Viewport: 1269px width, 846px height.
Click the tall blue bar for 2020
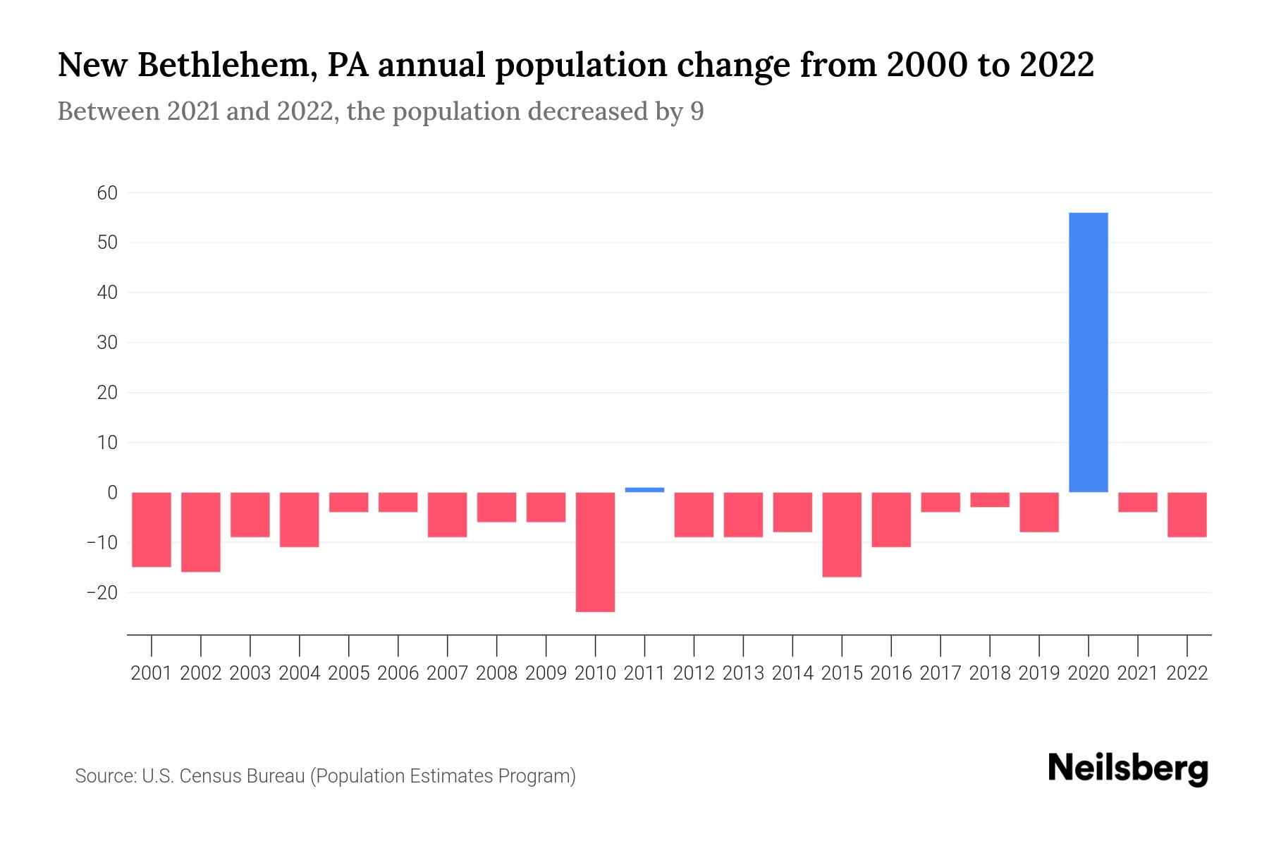[x=1088, y=352]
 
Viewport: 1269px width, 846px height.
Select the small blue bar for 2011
[x=644, y=489]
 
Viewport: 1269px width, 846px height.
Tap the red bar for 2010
[x=595, y=551]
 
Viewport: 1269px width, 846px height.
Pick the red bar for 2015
[x=842, y=534]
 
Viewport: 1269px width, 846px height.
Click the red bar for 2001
[x=152, y=529]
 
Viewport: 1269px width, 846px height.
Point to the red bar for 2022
[x=1187, y=515]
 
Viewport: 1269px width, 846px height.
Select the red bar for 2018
[x=989, y=500]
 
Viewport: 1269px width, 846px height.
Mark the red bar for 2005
[x=348, y=502]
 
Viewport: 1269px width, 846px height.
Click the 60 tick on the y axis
[x=107, y=192]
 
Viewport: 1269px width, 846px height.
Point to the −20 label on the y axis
[x=102, y=593]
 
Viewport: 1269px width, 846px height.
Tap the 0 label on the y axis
[x=112, y=493]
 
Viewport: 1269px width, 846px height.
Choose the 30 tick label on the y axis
[x=107, y=343]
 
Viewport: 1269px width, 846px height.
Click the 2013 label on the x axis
[x=743, y=673]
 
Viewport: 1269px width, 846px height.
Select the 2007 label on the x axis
[x=447, y=673]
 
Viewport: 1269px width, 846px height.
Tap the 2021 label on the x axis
[x=1137, y=673]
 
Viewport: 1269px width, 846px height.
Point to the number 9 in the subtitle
[x=697, y=111]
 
